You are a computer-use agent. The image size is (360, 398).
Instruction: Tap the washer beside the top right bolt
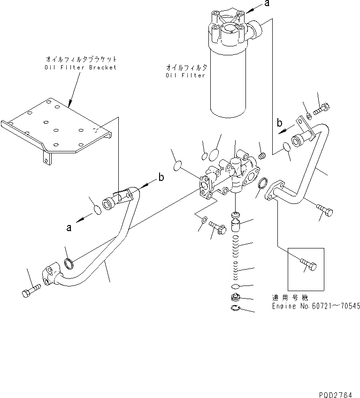pos(307,116)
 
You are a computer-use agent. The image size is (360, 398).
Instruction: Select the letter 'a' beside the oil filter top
pos(267,4)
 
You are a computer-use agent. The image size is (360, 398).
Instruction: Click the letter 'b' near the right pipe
pos(279,123)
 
